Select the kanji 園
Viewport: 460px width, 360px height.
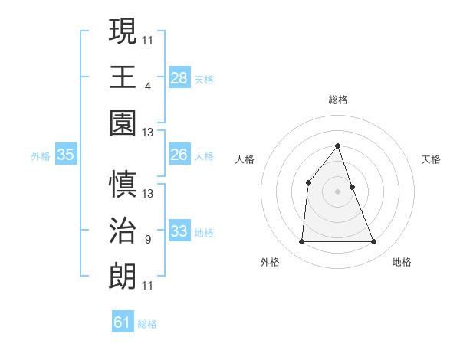[123, 123]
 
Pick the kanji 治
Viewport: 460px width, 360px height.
[123, 231]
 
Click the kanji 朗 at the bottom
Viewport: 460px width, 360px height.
[123, 277]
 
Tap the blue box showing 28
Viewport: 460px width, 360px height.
[179, 77]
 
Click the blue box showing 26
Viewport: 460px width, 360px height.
[179, 155]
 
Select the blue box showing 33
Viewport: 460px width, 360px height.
[179, 231]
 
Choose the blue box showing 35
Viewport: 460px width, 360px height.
[66, 155]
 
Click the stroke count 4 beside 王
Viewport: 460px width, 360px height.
[147, 87]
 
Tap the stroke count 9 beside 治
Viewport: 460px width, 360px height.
[147, 240]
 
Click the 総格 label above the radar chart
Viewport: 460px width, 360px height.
[338, 100]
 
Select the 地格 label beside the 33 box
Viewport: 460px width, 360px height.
[204, 232]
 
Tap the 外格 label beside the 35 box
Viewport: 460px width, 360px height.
[41, 155]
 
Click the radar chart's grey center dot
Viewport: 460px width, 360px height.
[338, 191]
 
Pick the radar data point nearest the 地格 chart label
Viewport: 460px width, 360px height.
[374, 242]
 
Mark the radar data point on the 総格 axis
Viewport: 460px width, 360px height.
[338, 146]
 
